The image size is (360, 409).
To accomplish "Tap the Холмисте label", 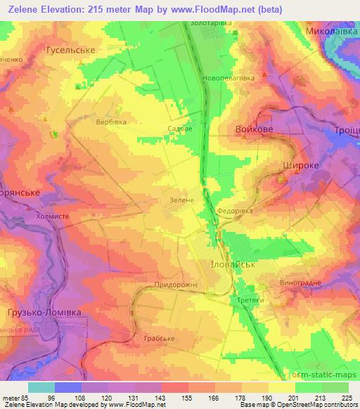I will pos(52,217).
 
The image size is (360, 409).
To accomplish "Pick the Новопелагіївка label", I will pos(228,78).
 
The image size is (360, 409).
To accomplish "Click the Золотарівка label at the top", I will pos(211,23).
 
